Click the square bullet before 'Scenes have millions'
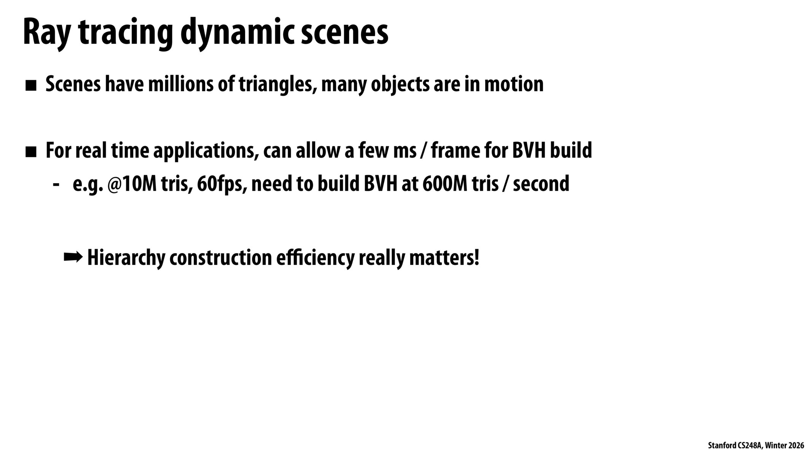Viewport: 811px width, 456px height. [x=31, y=86]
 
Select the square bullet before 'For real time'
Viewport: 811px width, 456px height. [x=31, y=152]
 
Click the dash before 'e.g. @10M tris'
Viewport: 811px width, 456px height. [x=56, y=185]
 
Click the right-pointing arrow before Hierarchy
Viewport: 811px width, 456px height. [x=73, y=257]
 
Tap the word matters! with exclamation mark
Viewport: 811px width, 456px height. [x=444, y=258]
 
